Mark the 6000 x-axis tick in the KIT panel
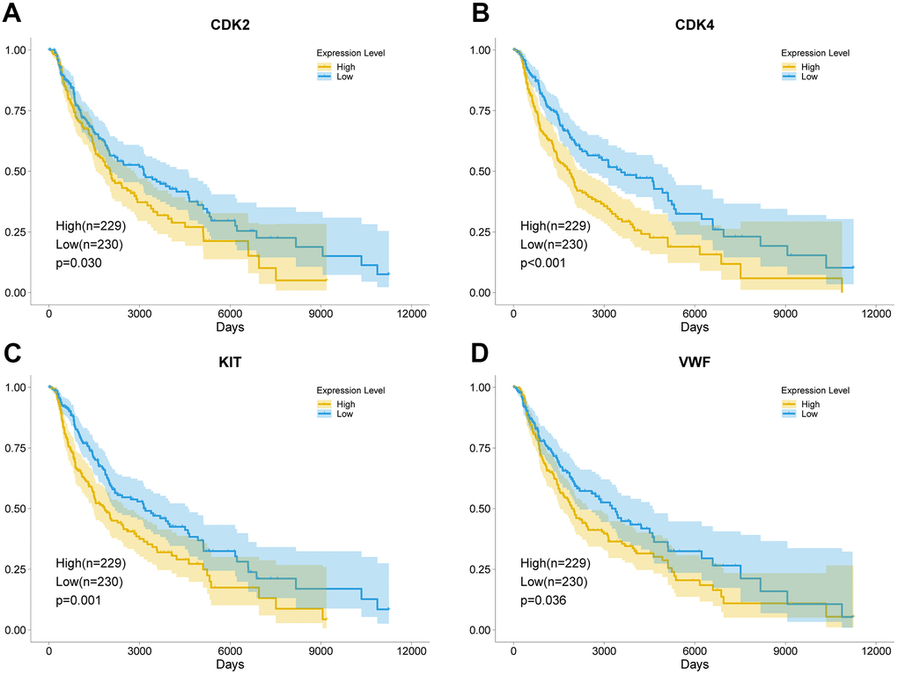tap(231, 651)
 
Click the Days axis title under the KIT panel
tap(231, 665)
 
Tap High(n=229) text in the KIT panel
tap(91, 563)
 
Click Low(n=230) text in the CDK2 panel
tap(91, 245)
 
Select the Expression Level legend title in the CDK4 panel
tap(815, 53)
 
